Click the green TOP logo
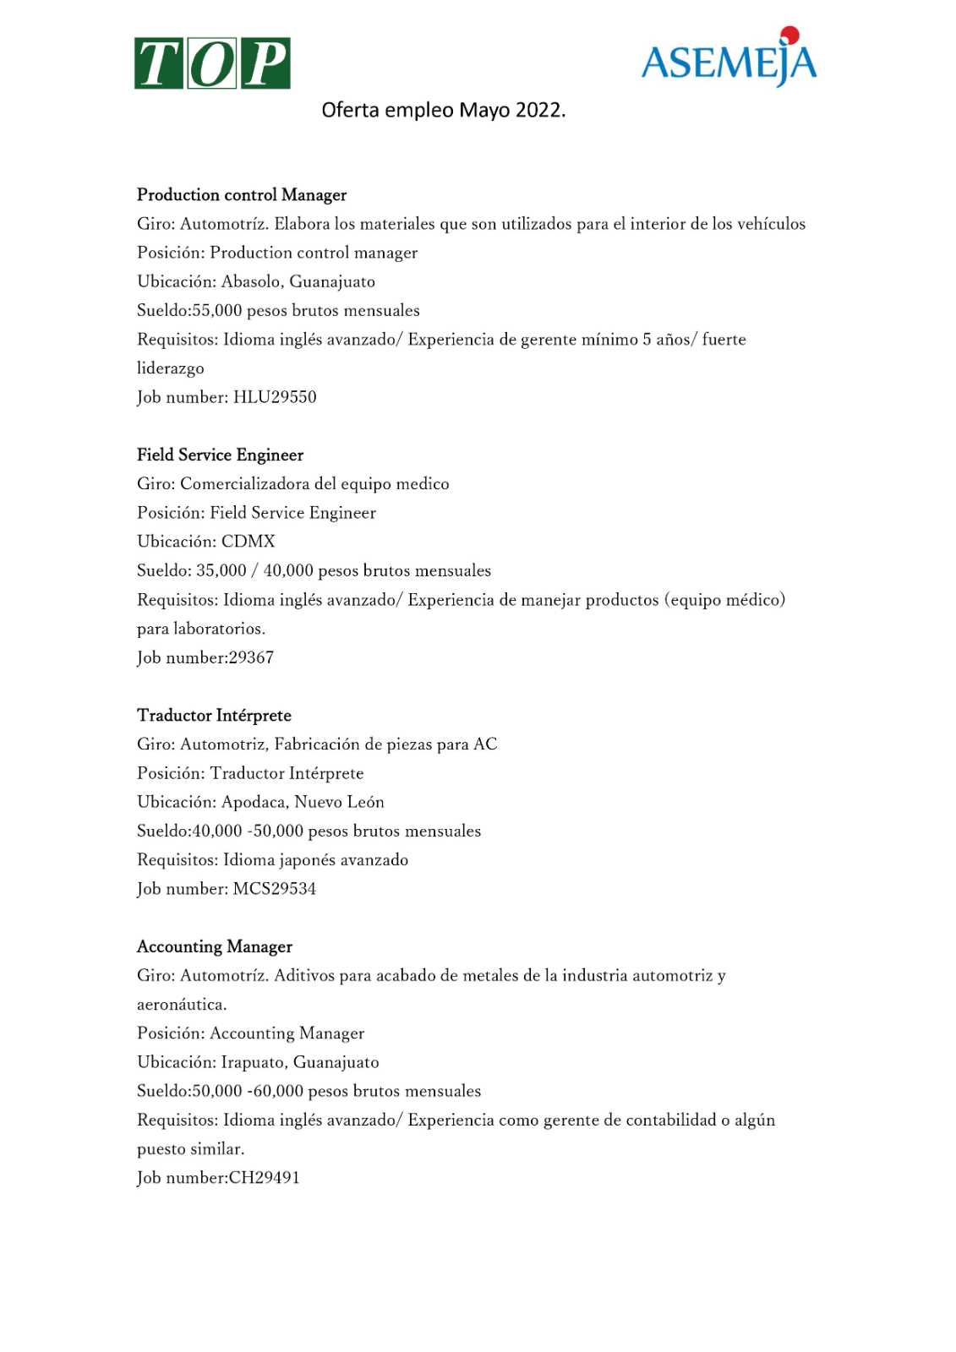point(212,63)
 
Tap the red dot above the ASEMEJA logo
point(789,35)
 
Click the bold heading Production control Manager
point(242,195)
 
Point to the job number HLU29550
point(275,397)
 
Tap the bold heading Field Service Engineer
point(220,455)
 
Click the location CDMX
point(249,542)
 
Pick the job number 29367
point(251,657)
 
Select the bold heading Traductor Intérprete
point(214,716)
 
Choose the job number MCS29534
point(275,889)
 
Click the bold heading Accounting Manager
point(215,947)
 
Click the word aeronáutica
point(181,1005)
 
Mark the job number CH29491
point(265,1178)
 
